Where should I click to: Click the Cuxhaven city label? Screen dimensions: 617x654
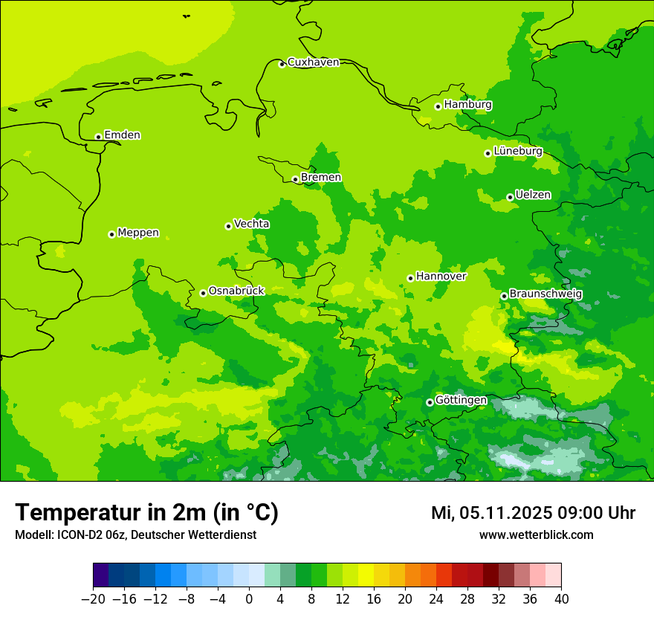click(x=313, y=62)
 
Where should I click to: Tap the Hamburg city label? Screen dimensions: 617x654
click(x=467, y=105)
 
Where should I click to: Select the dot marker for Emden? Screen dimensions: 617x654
click(x=98, y=137)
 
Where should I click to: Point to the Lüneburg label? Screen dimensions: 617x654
click(x=517, y=152)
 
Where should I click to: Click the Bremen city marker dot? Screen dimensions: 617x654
click(x=295, y=179)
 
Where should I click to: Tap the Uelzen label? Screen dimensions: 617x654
click(x=533, y=196)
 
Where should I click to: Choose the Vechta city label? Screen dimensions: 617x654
click(x=251, y=224)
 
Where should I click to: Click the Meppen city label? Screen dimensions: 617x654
click(x=137, y=233)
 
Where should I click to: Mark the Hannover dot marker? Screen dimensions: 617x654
click(x=410, y=279)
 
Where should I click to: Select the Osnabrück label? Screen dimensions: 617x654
click(x=236, y=291)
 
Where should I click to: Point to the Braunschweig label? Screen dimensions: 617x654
click(x=545, y=294)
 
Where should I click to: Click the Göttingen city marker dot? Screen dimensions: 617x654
click(x=430, y=403)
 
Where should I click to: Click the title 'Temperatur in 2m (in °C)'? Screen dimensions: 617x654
click(x=146, y=513)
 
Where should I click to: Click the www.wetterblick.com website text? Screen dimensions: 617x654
click(x=536, y=535)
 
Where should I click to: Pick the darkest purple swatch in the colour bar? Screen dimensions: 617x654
click(x=100, y=575)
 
